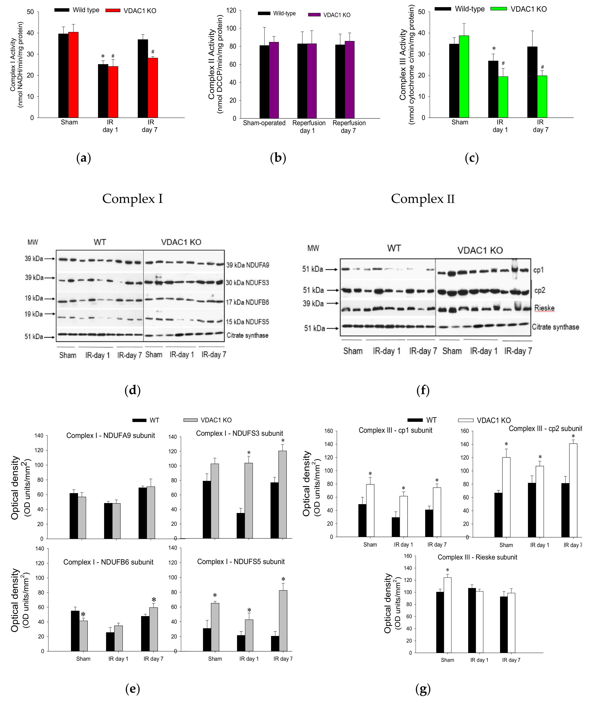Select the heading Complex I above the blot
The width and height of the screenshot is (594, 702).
pos(132,199)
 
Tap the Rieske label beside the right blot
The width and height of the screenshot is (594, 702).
pos(544,308)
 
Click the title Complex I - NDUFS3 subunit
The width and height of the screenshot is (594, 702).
pos(239,433)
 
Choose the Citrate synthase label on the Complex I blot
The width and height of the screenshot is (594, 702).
pos(247,335)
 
